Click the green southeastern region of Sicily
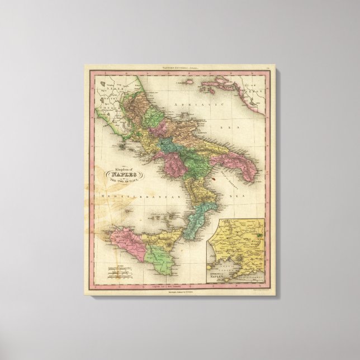click(x=160, y=260)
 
